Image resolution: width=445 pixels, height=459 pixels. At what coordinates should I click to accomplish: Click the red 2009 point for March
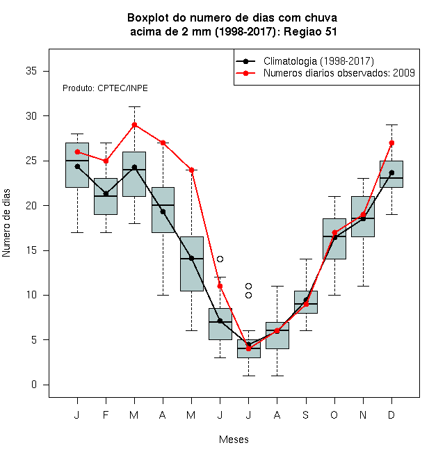coord(134,125)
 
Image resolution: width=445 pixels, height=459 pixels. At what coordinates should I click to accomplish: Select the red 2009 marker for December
coord(391,143)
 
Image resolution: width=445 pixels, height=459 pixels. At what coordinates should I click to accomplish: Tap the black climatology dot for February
coord(106,194)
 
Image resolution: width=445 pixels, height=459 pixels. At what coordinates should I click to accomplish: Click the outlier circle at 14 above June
coord(220,259)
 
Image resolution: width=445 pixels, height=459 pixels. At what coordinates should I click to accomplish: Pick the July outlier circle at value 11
coord(248,286)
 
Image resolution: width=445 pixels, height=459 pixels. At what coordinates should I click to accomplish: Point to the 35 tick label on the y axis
coord(31,71)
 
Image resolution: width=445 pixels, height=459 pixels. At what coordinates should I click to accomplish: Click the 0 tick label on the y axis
coord(34,385)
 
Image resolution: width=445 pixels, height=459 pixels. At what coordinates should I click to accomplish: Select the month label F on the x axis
coord(106,414)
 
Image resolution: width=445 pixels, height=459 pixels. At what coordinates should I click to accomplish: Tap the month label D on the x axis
coord(391,414)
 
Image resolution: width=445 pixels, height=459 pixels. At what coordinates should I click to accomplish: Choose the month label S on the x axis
coord(306,414)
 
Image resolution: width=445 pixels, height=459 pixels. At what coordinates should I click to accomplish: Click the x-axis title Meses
coord(234,440)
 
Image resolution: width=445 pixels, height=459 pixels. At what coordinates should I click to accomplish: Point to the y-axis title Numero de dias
coord(6,223)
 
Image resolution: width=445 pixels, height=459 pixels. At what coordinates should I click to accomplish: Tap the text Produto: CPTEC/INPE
coord(105,88)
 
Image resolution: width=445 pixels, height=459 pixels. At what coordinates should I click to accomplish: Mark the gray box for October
coord(334,239)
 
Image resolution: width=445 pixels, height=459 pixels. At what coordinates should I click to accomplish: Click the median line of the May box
coord(192,259)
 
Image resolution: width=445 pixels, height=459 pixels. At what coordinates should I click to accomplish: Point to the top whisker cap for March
coord(134,107)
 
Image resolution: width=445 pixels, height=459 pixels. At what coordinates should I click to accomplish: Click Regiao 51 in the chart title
coord(310,32)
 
